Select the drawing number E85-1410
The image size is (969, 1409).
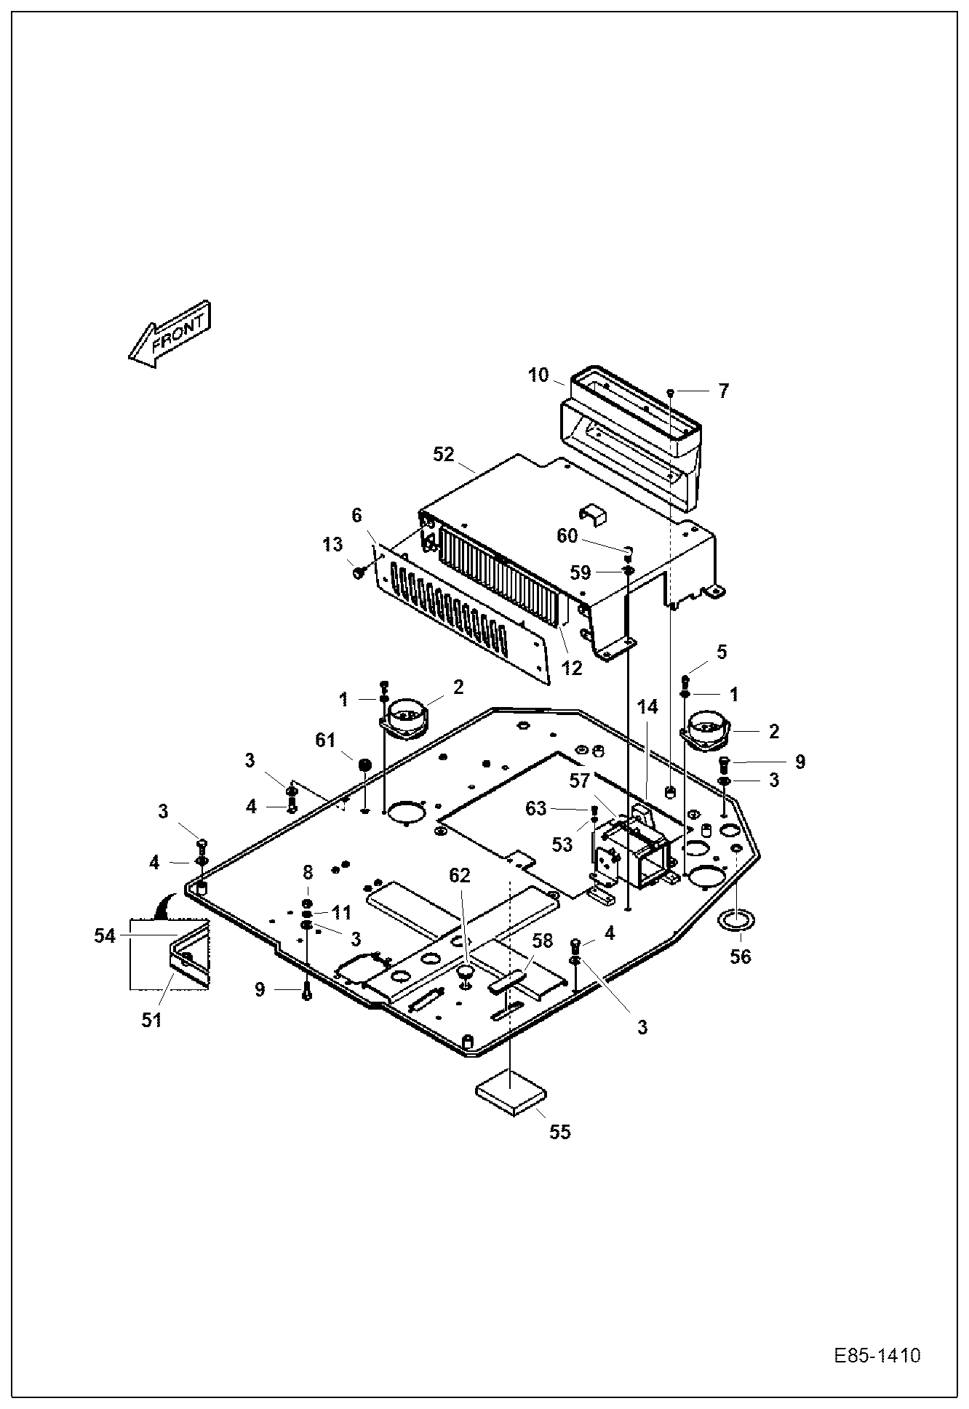(x=877, y=1356)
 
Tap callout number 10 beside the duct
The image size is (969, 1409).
(x=538, y=375)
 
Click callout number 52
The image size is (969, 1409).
(x=444, y=455)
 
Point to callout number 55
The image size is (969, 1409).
(x=559, y=1131)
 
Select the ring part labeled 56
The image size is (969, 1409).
(x=736, y=920)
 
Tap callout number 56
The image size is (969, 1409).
(x=740, y=957)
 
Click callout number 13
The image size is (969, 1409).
(x=332, y=545)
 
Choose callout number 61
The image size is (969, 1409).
(x=325, y=741)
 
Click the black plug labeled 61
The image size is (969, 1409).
(x=364, y=765)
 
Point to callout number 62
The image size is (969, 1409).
(x=460, y=875)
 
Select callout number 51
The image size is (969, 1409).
(x=151, y=1020)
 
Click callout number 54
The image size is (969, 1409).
(x=105, y=936)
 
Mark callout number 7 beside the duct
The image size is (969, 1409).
(x=722, y=391)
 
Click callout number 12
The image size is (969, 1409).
(x=572, y=667)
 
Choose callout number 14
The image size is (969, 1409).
(x=647, y=706)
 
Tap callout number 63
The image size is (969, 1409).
(x=535, y=809)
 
